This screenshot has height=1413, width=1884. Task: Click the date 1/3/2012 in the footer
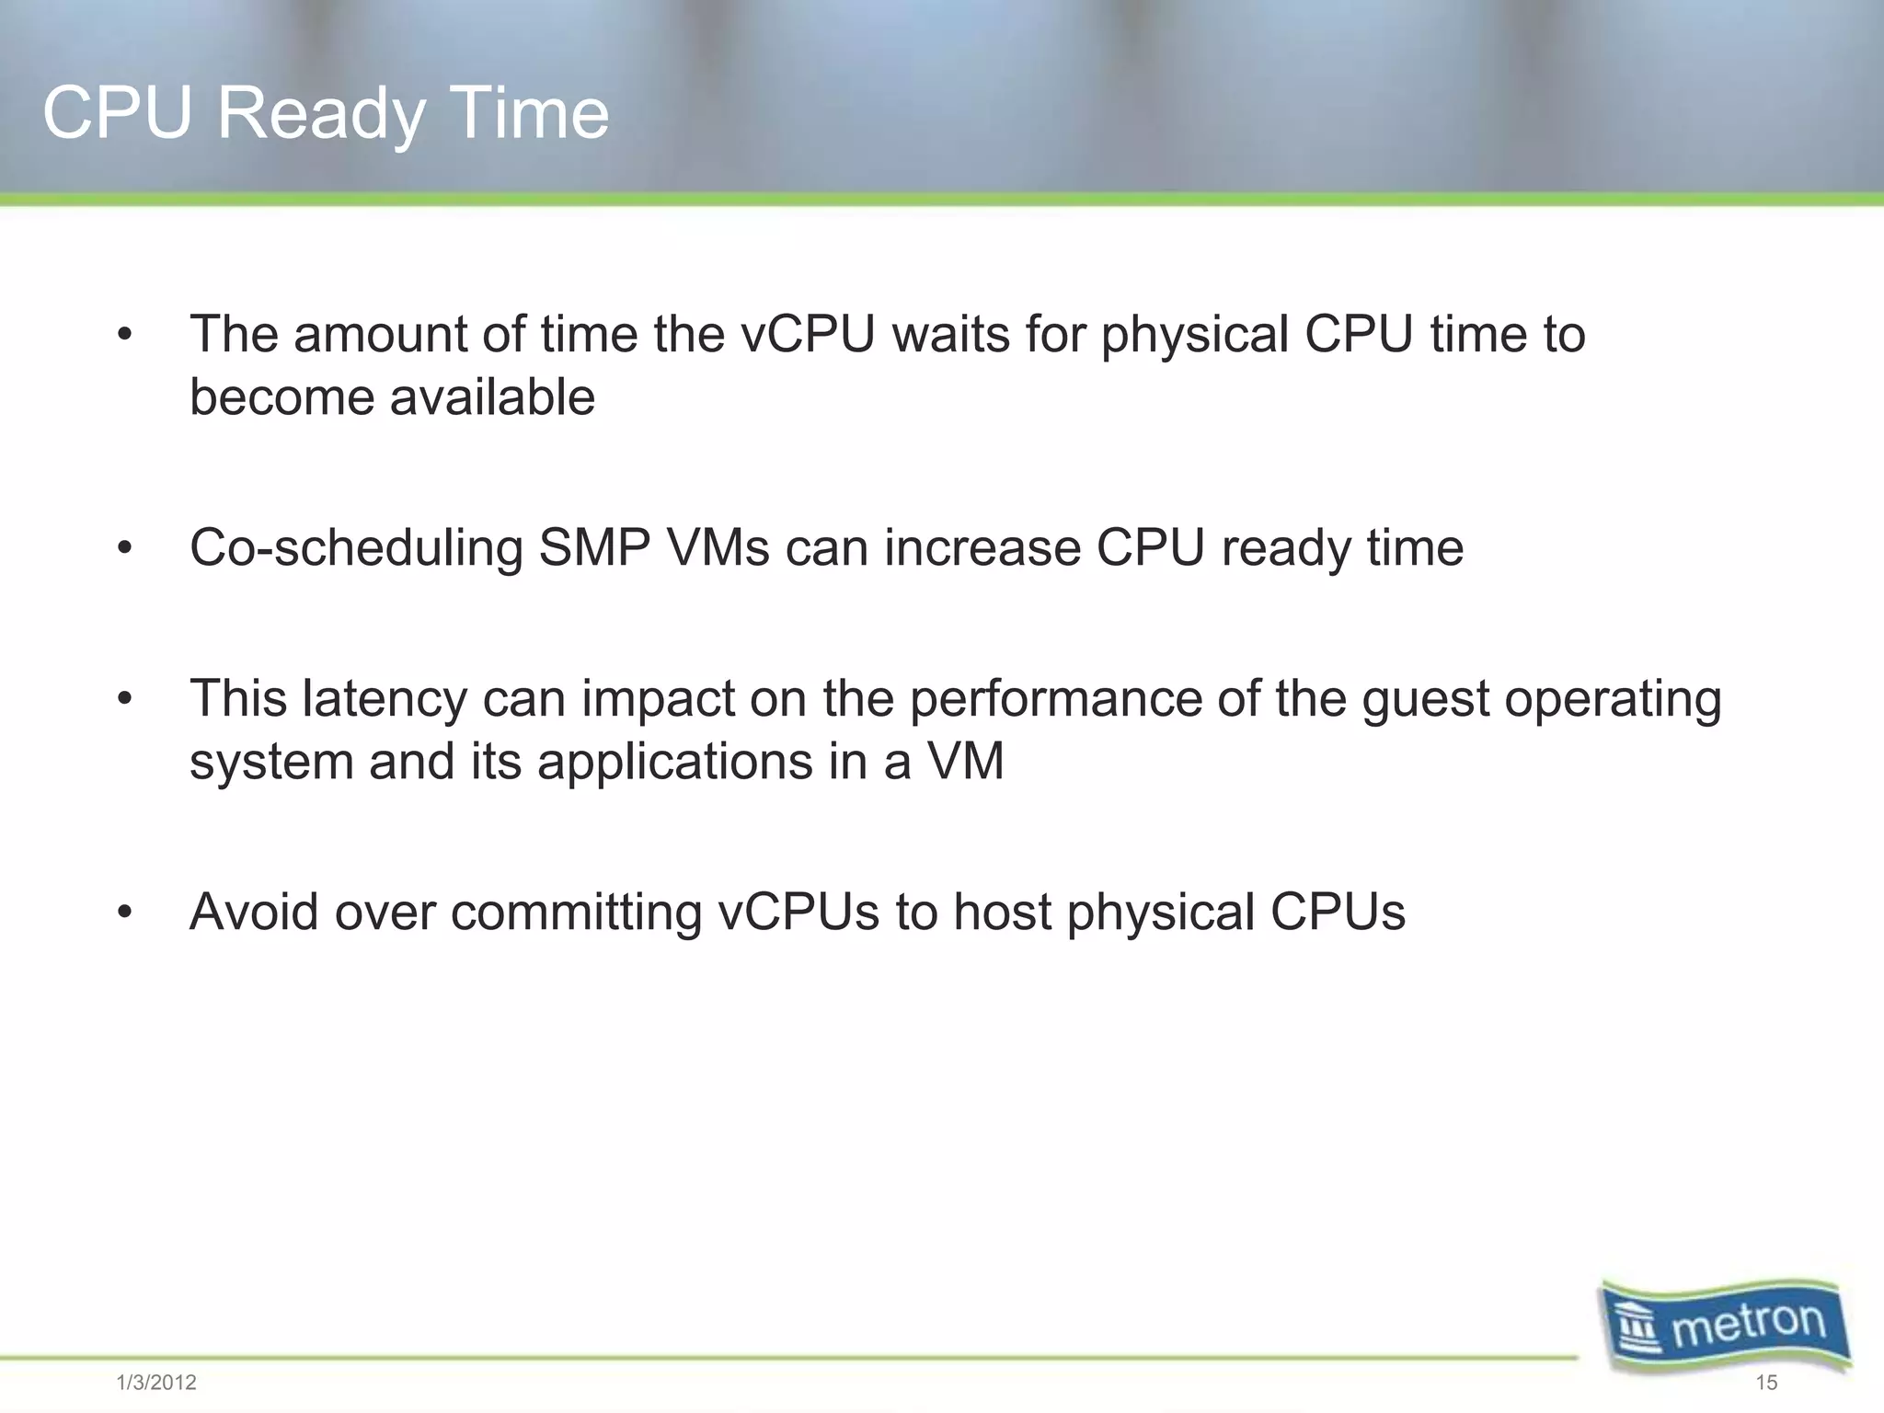156,1383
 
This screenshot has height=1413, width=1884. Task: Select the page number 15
1765,1383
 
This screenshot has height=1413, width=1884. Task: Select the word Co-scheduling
356,548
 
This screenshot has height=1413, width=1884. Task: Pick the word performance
1055,699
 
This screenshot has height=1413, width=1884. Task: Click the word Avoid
254,913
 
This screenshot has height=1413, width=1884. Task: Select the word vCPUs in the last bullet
798,913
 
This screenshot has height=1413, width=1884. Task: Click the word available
492,397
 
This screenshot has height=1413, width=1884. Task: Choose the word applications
675,763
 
